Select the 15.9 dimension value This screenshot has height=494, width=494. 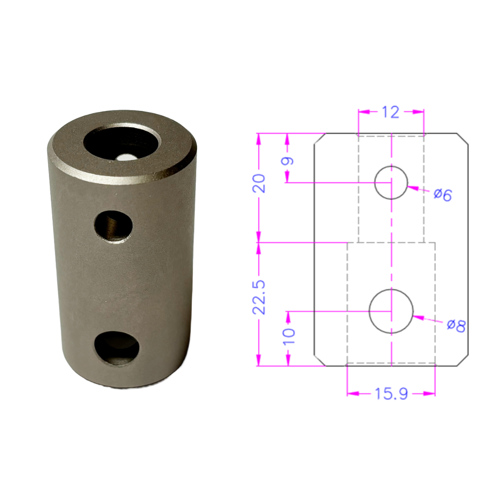click(x=391, y=393)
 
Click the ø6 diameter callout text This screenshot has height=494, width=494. click(x=442, y=194)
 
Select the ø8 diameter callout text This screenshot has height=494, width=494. click(x=456, y=326)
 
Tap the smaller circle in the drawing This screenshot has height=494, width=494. click(x=391, y=183)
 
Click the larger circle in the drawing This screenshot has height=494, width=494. click(x=391, y=311)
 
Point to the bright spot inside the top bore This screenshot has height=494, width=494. click(x=123, y=158)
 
